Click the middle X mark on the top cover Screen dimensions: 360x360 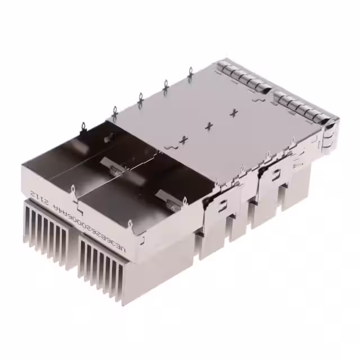point(209,126)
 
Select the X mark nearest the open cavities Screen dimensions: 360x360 point(183,139)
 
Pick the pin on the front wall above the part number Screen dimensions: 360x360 point(73,190)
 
